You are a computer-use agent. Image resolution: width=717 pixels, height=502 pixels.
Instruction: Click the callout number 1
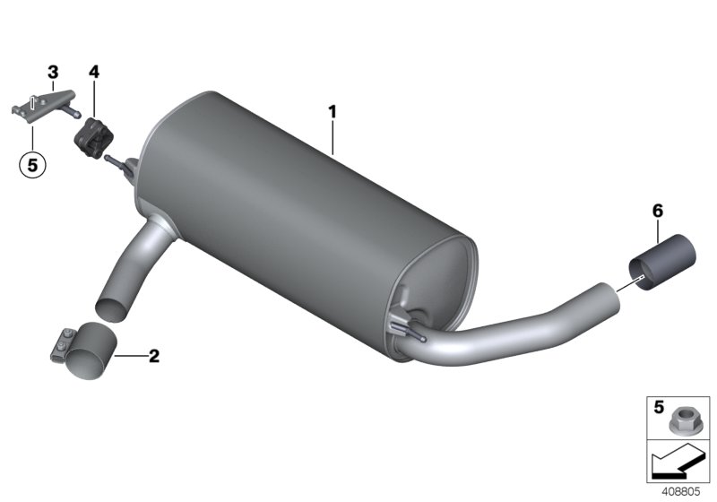[332, 112]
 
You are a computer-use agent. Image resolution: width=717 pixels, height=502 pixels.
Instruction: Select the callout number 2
[154, 356]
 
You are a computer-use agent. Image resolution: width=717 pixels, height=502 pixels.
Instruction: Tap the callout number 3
[53, 71]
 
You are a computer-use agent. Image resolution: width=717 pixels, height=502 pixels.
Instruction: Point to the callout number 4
[94, 71]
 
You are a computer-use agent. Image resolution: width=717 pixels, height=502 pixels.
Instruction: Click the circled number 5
[31, 164]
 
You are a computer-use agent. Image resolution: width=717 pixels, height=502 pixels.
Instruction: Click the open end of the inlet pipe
[112, 305]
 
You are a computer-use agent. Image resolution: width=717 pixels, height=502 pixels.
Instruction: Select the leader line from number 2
[131, 356]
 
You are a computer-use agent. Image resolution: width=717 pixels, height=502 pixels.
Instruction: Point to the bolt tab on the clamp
[59, 342]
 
